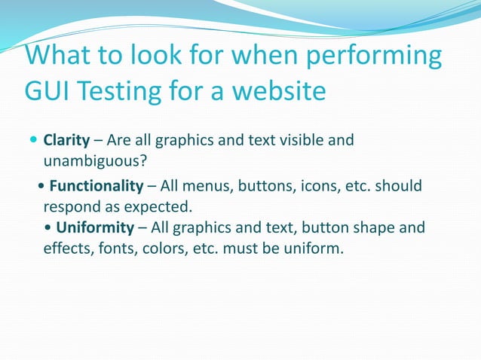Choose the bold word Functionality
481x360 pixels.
coord(96,186)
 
